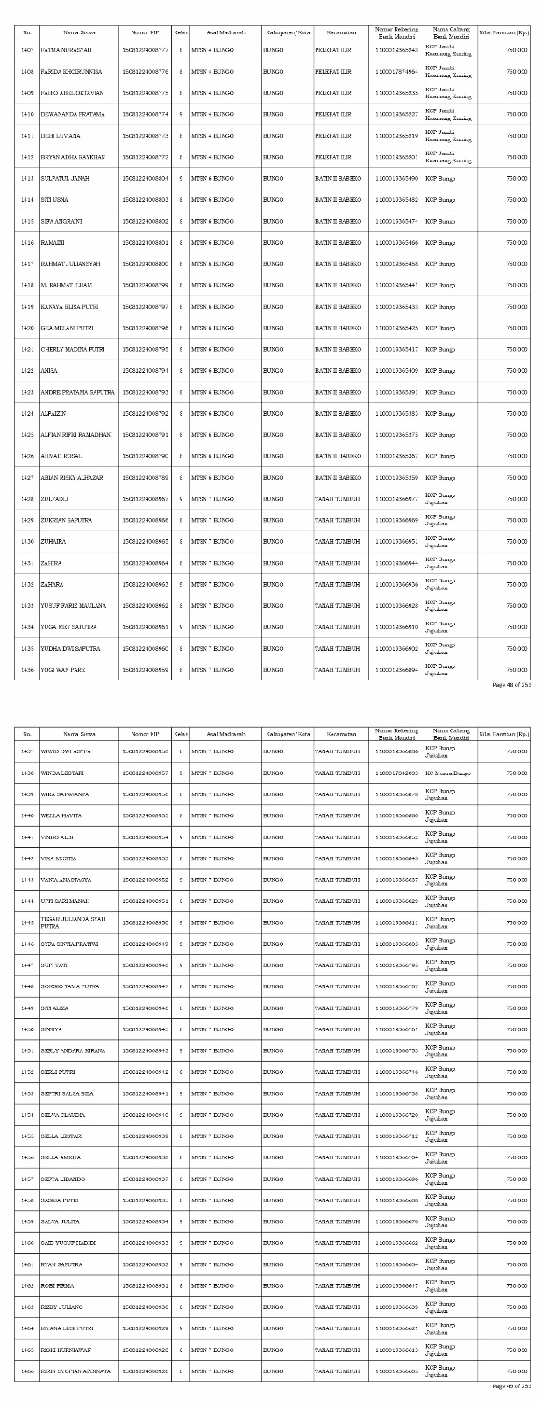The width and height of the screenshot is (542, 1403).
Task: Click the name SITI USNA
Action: click(54, 200)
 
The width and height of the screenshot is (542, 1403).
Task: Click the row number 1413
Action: click(26, 179)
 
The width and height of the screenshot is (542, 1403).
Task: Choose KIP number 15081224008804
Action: click(146, 179)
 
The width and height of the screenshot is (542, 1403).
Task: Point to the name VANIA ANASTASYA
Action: click(66, 880)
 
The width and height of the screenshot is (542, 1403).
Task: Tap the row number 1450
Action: click(26, 1029)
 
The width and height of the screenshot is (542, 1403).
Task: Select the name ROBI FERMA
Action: click(58, 1285)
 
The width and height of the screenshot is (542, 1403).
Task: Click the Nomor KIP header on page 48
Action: click(146, 33)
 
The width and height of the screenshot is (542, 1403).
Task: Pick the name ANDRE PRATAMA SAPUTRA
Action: click(77, 392)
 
